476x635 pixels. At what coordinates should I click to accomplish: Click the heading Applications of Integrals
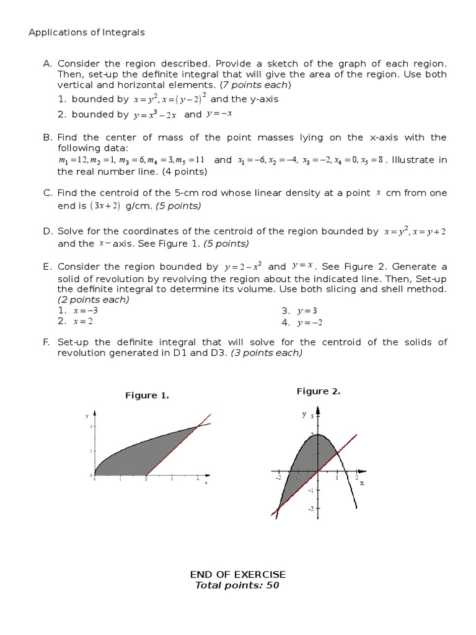(87, 32)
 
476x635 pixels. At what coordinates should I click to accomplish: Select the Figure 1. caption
(148, 395)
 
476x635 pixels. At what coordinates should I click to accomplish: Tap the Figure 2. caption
(319, 391)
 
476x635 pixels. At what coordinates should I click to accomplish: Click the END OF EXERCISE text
(239, 574)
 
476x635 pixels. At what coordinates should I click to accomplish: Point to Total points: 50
(238, 585)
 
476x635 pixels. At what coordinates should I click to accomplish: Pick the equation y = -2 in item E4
(310, 322)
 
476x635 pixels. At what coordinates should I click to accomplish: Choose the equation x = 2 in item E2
(84, 321)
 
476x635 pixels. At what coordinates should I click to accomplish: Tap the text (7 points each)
(256, 84)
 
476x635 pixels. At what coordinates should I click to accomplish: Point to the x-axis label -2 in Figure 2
(279, 478)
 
